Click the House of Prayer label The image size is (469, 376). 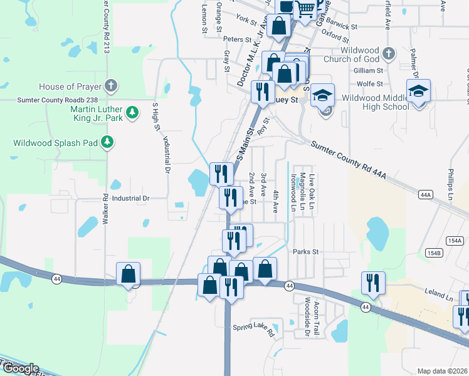(70, 86)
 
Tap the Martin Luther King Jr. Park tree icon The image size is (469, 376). (132, 112)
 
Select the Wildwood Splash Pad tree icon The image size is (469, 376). (108, 142)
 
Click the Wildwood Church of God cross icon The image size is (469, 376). (389, 54)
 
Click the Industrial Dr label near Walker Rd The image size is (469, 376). (129, 199)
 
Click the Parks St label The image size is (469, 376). (306, 252)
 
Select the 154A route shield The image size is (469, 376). (454, 241)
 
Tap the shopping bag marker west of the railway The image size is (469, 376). (128, 274)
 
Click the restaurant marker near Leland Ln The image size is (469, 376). (373, 283)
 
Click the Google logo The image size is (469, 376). (20, 368)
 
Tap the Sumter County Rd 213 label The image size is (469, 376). (106, 25)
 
